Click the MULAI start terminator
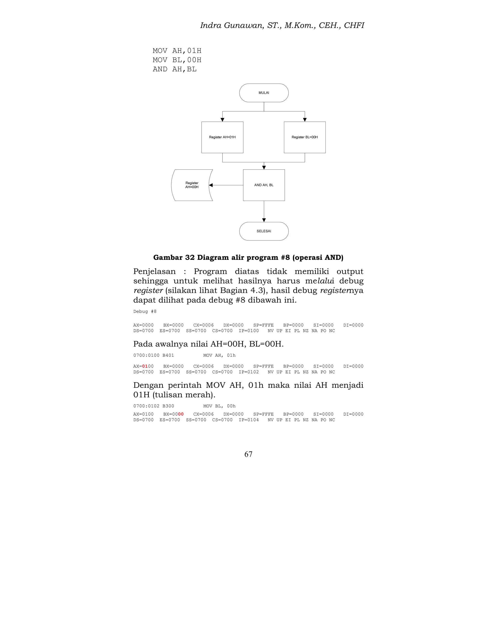pyautogui.click(x=264, y=93)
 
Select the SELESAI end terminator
pyautogui.click(x=264, y=231)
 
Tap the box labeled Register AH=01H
pyautogui.click(x=222, y=137)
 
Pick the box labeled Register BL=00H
pyautogui.click(x=305, y=137)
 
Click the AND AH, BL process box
pyautogui.click(x=264, y=185)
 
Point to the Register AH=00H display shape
pyautogui.click(x=192, y=185)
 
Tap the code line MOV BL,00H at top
pyautogui.click(x=177, y=60)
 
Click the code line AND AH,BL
pyautogui.click(x=174, y=69)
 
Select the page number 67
pyautogui.click(x=248, y=454)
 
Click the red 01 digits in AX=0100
pyautogui.click(x=145, y=366)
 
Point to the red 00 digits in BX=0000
pyautogui.click(x=181, y=414)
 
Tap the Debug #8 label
pyautogui.click(x=145, y=312)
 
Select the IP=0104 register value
pyautogui.click(x=249, y=420)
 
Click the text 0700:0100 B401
pyautogui.click(x=154, y=355)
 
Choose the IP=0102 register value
pyautogui.click(x=249, y=372)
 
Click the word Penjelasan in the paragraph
pyautogui.click(x=154, y=272)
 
